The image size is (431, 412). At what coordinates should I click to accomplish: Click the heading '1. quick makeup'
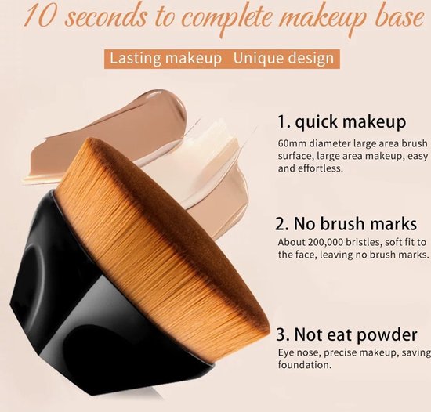pos(342,122)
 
